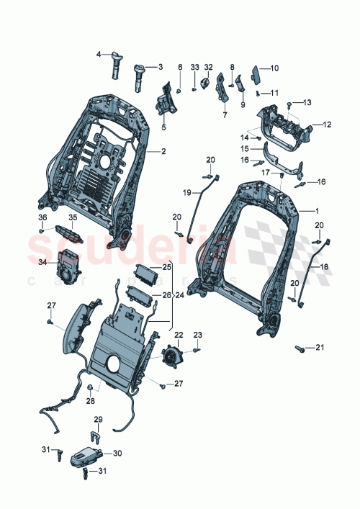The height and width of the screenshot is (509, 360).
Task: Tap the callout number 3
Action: point(160,66)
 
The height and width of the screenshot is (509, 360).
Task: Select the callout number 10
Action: point(274,68)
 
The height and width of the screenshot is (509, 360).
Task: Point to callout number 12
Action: point(327,125)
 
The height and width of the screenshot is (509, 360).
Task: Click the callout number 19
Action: point(186,193)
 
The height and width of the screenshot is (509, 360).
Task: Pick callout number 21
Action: point(320,348)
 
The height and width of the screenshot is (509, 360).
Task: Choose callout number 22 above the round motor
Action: point(179,335)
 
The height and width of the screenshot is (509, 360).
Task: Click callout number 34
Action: point(42,263)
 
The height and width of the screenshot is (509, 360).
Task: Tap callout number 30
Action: point(117,454)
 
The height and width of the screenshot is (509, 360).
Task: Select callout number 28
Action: point(91,401)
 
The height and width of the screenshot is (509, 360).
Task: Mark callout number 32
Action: point(208,67)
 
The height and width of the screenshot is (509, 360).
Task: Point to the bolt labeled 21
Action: point(299,348)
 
